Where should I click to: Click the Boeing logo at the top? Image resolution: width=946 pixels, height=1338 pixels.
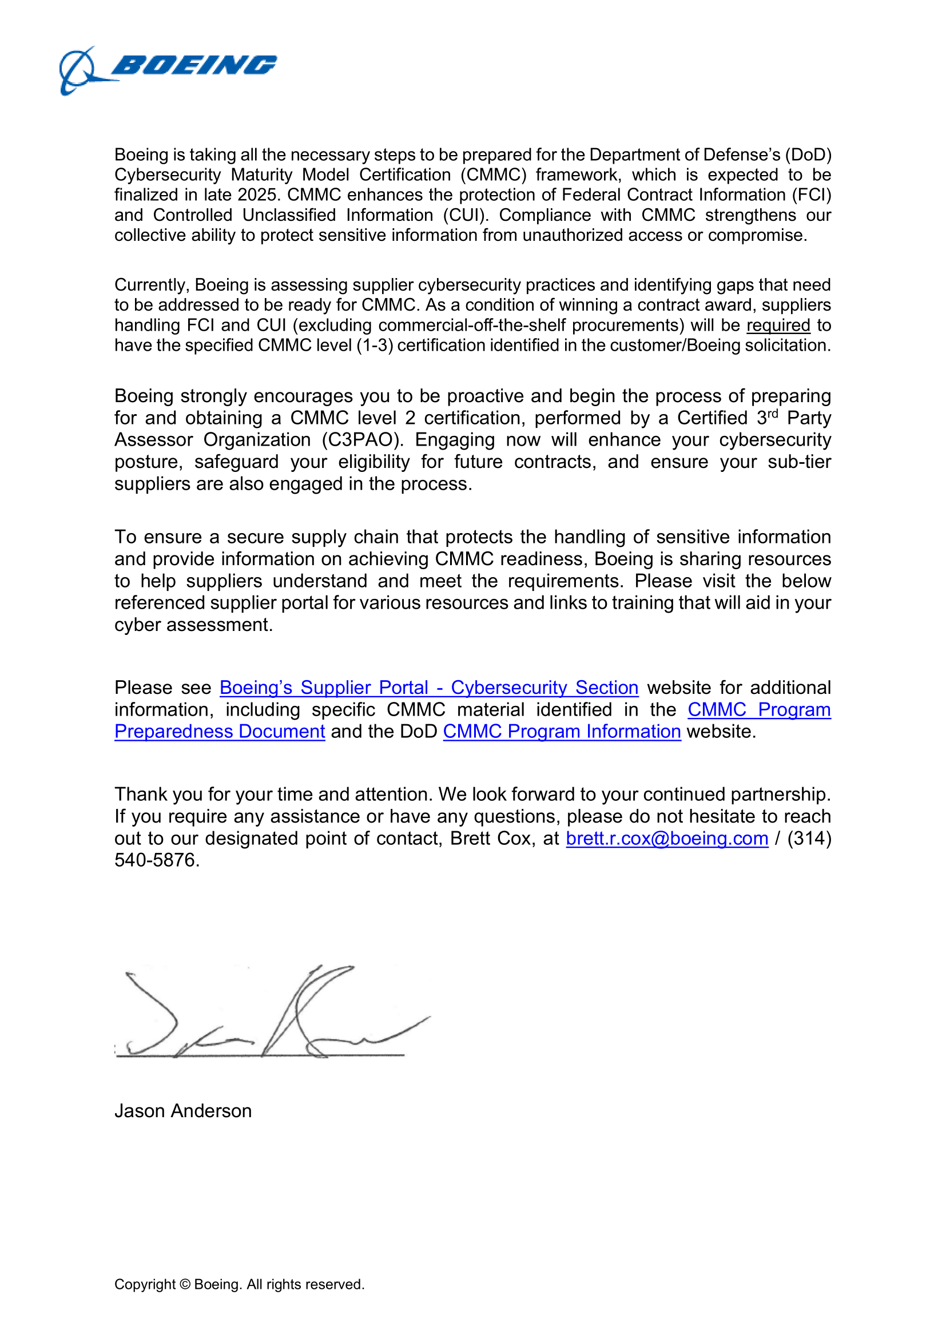click(x=168, y=69)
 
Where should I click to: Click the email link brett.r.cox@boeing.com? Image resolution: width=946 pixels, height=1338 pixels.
click(x=667, y=838)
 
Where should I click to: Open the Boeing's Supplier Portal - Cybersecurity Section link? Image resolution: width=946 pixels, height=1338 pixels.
click(x=429, y=688)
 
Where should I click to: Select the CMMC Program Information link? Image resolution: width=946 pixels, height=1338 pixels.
click(x=562, y=732)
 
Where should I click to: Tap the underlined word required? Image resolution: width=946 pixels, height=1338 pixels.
click(x=778, y=325)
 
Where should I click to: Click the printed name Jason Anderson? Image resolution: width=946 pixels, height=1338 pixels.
click(x=183, y=1111)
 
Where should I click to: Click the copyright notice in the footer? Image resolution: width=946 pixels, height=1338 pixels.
click(x=239, y=1284)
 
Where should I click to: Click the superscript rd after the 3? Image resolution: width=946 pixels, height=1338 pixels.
click(x=772, y=413)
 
